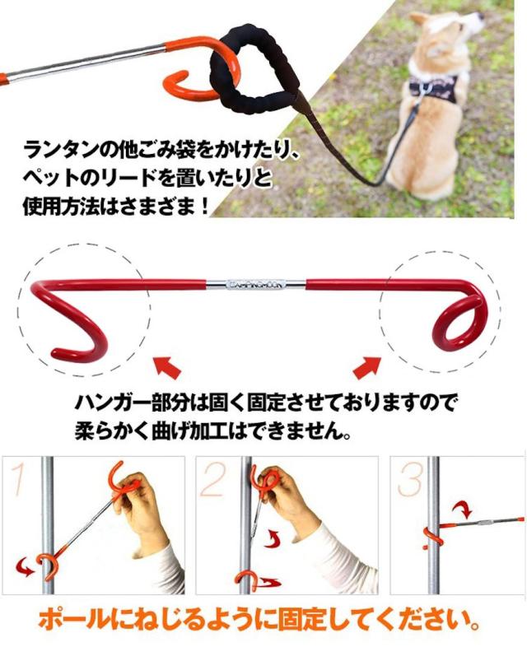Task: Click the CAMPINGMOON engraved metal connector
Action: [256, 284]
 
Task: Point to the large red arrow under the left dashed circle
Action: [167, 367]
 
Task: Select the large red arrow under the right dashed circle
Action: [367, 366]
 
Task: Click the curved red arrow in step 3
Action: [461, 510]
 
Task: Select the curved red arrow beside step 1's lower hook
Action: [26, 567]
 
